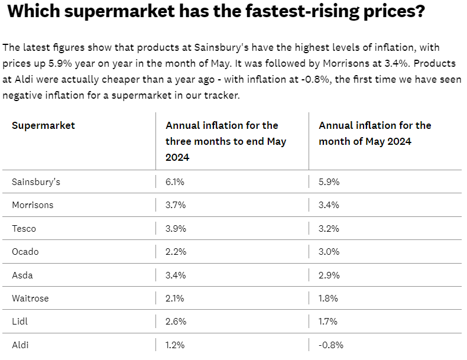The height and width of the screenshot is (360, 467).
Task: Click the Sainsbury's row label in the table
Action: pos(36,182)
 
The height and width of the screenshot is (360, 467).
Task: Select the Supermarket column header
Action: pos(43,125)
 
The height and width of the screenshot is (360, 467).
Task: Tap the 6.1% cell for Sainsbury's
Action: pos(175,182)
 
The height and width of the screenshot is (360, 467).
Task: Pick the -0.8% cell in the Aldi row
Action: pos(331,345)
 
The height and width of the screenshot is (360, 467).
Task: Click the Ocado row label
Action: pos(25,252)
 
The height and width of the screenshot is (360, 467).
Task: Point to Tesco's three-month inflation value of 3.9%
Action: pos(176,228)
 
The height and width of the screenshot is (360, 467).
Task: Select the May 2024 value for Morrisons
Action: pos(329,205)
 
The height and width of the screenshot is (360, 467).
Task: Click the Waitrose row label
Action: pos(30,299)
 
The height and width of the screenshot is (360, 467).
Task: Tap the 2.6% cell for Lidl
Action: pos(176,322)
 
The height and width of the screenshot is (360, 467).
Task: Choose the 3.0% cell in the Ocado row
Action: pos(329,252)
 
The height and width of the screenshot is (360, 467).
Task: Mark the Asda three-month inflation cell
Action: pos(176,275)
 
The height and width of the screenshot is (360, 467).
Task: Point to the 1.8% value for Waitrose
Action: pos(329,299)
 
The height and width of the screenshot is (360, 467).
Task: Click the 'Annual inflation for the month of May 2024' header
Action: pos(375,134)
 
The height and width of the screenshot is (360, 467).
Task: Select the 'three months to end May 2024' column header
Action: pos(225,141)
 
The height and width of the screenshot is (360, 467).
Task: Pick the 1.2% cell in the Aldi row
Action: pos(175,345)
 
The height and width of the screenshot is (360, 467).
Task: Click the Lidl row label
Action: pos(20,322)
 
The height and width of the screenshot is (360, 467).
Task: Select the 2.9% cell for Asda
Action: pos(329,275)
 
